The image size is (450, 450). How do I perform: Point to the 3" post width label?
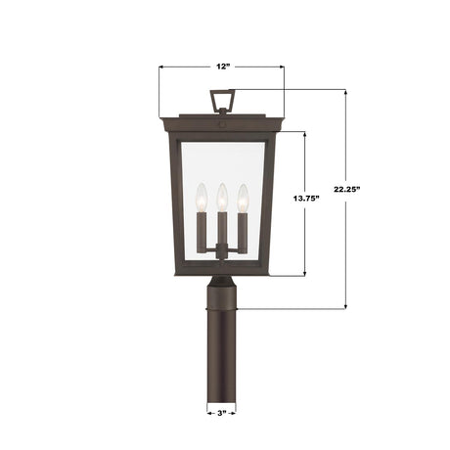222,414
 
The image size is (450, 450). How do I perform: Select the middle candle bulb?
222,195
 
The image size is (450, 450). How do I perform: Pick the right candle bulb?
242,195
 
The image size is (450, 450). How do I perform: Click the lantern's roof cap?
222,122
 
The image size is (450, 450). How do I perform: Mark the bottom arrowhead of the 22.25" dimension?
345,307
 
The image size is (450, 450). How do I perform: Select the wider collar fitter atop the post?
222,289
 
